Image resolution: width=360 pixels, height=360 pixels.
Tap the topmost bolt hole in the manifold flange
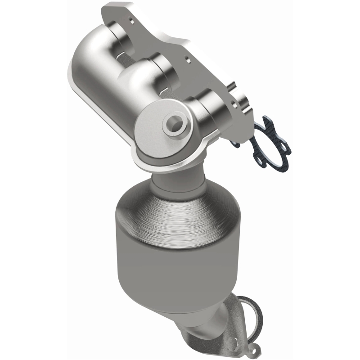[130, 20]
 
